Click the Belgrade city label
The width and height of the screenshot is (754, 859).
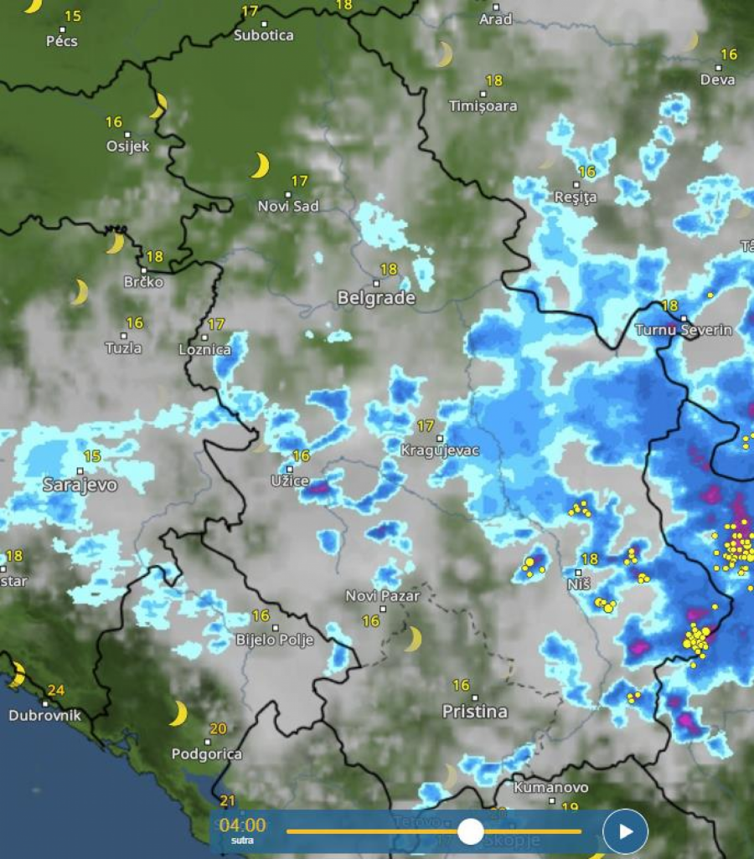coord(376,298)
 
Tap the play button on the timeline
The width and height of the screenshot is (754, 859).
coord(625,831)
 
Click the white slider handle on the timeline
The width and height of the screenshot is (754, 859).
coord(471,831)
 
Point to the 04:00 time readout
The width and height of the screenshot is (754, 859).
coord(242,826)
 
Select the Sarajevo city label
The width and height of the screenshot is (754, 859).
coord(80,485)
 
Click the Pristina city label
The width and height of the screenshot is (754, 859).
coord(475,712)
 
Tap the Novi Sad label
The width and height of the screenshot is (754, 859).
coord(288,206)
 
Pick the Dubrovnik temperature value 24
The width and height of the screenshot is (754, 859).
coord(56,691)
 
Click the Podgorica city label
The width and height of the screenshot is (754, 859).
coord(207,754)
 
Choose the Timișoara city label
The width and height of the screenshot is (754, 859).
coord(483,106)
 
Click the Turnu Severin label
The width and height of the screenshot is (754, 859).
coord(684,330)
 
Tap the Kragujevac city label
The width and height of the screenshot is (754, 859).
coord(440,450)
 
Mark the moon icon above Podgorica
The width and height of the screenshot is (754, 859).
coord(178,714)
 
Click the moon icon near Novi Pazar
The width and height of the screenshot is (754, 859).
coord(412,640)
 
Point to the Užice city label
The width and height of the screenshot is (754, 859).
coord(290,481)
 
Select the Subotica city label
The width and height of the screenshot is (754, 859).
coord(264,35)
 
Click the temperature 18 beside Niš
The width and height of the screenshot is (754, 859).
coord(590,558)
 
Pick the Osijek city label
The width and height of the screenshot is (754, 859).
coord(127,147)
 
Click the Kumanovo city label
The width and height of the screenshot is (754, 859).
coord(551,788)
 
